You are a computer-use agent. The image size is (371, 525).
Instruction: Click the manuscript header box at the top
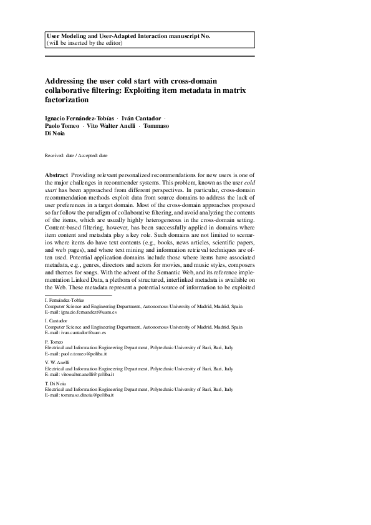(150, 40)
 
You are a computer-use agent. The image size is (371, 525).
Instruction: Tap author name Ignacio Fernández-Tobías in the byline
(79, 118)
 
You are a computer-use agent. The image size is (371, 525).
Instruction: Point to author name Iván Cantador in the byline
(142, 118)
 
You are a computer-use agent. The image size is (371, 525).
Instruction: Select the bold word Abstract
(57, 176)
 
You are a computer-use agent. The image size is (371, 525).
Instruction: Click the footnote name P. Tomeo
(54, 342)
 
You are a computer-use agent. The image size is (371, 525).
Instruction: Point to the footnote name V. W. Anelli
(57, 362)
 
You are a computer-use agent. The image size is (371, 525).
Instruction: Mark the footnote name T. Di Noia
(55, 383)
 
